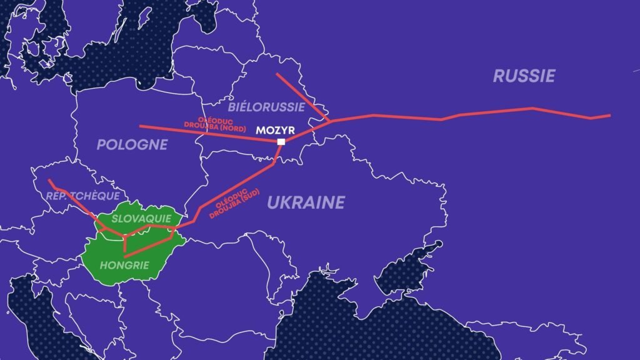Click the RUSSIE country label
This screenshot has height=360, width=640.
coord(524,76)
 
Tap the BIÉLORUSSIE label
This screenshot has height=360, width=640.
coord(266,107)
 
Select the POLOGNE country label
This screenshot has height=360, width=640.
coord(132,145)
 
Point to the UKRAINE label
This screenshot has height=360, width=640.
coord(306,202)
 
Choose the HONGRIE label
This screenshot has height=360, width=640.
coord(124,265)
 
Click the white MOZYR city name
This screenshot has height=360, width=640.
coord(274,131)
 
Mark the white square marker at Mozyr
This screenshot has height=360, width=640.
coord(281,142)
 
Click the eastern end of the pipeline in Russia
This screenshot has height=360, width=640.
coord(609,115)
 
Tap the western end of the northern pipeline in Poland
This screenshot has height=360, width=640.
coord(140,126)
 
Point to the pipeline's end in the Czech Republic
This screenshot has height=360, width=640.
coord(49,181)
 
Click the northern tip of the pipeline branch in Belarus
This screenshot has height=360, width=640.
coord(277,74)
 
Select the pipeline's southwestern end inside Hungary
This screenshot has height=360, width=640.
coord(125,256)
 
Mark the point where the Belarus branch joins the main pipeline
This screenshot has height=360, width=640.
coord(330,120)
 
